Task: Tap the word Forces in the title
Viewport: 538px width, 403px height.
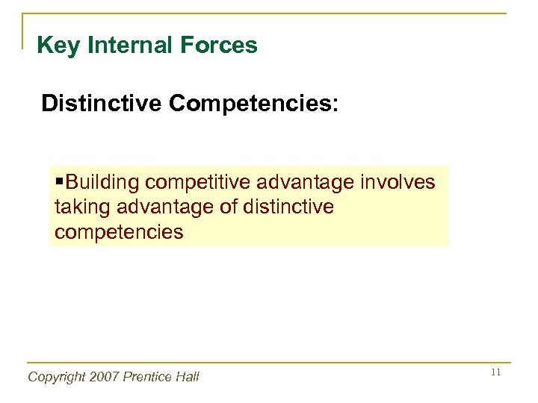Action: click(223, 46)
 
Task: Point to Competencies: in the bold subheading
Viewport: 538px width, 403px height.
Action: click(253, 104)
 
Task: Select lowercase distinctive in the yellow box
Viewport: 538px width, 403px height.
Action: click(290, 207)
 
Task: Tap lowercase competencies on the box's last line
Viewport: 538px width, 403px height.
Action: click(119, 232)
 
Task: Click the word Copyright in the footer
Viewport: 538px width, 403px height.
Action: click(56, 378)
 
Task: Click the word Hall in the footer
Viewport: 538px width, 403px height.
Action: click(187, 378)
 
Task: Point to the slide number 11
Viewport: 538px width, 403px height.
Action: click(495, 373)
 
